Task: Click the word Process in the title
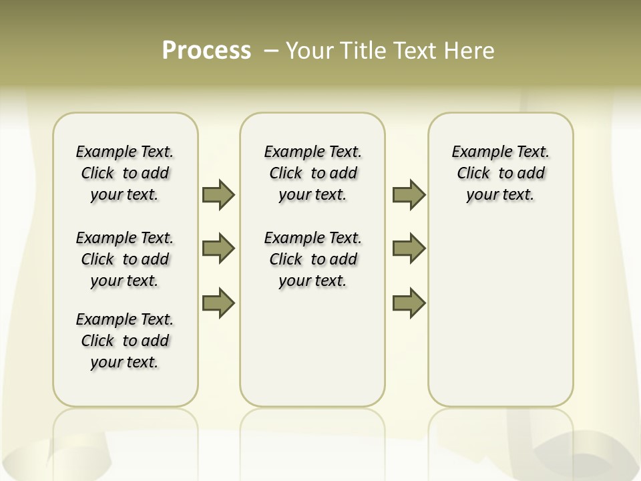tap(206, 51)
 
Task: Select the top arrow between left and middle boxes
tap(218, 195)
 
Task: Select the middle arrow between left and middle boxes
tap(218, 249)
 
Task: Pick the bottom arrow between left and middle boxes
tap(218, 303)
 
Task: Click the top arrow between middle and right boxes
tap(409, 195)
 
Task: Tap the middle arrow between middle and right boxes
tap(409, 249)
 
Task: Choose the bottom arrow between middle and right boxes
tap(409, 303)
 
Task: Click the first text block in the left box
tap(125, 173)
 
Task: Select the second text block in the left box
tap(125, 259)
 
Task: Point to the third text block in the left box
tap(125, 341)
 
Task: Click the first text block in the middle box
tap(312, 173)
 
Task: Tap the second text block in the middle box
tap(312, 259)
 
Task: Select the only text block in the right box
tap(500, 173)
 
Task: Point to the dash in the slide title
tap(271, 51)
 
